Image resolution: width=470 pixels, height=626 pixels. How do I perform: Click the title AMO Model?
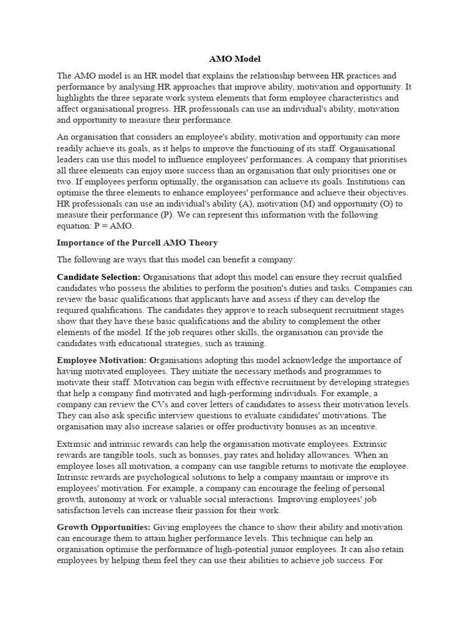[x=235, y=59]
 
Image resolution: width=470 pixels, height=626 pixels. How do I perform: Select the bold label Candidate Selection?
[x=99, y=277]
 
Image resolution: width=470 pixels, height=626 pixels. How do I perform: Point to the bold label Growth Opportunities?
[x=103, y=527]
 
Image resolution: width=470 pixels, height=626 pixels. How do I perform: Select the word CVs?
[x=159, y=405]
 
